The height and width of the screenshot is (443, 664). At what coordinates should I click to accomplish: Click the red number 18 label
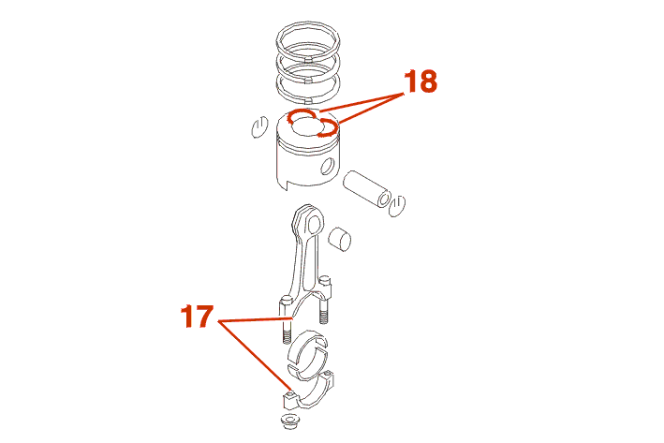point(421,81)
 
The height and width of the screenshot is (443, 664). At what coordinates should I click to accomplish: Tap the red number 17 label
point(197,317)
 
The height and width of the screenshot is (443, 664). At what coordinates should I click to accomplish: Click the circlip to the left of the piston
point(259,126)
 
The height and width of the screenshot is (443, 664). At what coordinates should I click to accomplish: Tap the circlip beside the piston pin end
point(397,206)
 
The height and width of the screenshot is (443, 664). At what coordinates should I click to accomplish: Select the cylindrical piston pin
point(367,189)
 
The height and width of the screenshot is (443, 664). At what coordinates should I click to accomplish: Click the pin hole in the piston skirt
point(328,167)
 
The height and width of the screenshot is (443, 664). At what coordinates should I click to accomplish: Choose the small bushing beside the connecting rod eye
point(340,240)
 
